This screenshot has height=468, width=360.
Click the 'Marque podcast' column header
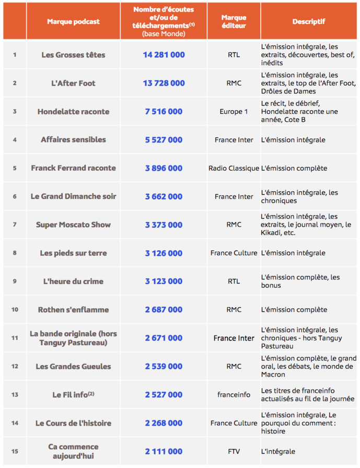coord(73,21)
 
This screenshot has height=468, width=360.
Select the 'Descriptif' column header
coord(308,21)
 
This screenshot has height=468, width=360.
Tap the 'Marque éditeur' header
coord(234,21)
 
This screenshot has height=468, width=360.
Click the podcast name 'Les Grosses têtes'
coord(73,55)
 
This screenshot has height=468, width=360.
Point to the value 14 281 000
coord(164,55)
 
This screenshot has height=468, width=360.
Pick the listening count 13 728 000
coord(164,83)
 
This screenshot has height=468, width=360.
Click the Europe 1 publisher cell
coord(234,111)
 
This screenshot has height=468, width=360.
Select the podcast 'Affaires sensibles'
coord(73,139)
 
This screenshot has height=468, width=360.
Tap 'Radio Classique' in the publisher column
coord(234,168)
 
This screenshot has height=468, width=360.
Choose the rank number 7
coord(15,225)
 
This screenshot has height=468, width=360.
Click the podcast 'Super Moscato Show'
coord(73,225)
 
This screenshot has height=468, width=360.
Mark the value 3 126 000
coord(164,253)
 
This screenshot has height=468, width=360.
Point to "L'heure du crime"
coord(73,281)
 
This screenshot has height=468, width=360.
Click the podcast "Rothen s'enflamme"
coord(73,309)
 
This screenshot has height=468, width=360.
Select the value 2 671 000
coord(164,338)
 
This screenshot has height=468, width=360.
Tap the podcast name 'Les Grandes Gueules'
coord(73,366)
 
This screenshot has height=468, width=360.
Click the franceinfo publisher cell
coord(234,394)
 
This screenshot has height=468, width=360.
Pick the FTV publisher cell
coord(234,451)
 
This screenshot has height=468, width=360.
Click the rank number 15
coord(15,451)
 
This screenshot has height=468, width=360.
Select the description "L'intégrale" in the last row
coord(278,451)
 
